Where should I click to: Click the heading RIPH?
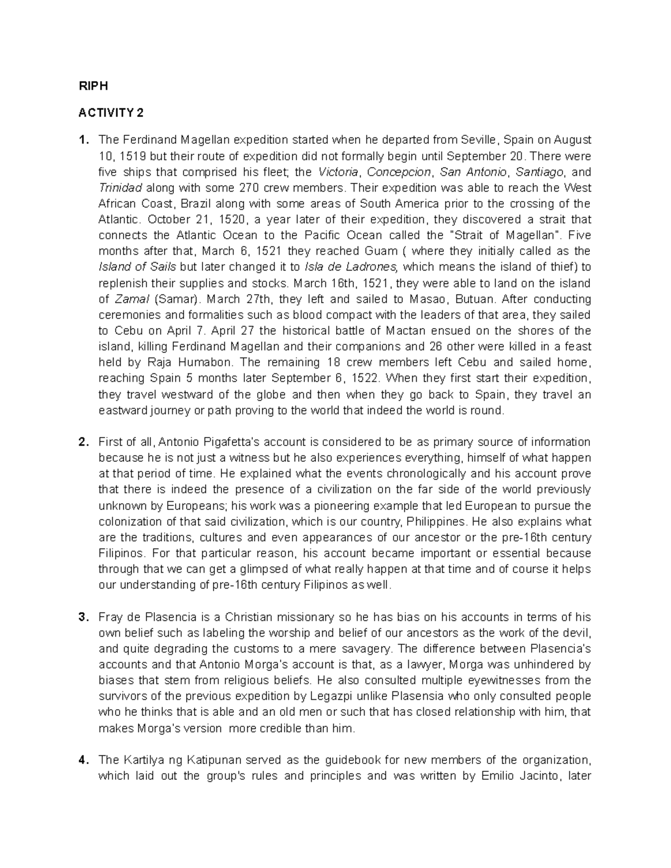(92, 86)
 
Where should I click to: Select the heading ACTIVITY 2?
(111, 113)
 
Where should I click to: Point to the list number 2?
(83, 442)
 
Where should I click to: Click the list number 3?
(83, 617)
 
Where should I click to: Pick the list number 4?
(83, 760)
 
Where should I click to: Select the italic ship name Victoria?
(337, 172)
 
